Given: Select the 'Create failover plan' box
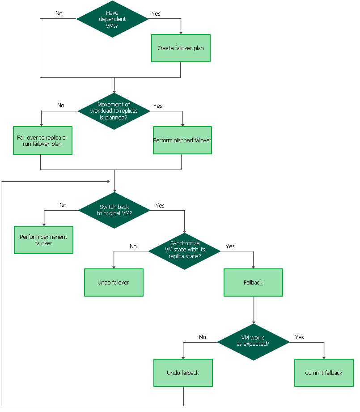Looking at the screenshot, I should pos(181,48).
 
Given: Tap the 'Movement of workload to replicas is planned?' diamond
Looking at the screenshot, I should pos(114,111).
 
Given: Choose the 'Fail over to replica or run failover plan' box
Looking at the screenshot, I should pos(42,140).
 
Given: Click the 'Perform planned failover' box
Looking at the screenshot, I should pos(182,140).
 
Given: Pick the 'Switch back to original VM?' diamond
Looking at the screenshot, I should pos(114,210).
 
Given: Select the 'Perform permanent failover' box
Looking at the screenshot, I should pos(43,240).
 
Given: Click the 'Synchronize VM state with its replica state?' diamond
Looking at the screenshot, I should pos(184,251).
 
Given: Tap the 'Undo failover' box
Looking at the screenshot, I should pos(114,282).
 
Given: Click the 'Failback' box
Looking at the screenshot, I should pos(253,282).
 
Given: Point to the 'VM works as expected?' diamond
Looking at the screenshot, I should pos(253,342).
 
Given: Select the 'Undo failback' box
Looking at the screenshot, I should pos(183,373).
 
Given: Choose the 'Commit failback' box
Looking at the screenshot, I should pos(323,373).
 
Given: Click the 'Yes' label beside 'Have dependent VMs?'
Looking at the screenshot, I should pos(156,14).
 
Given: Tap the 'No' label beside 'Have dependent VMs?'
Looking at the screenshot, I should pos(59,13).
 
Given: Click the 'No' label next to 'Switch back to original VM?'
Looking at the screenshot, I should pos(63,205).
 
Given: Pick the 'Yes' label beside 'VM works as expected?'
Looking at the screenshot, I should pos(299,337).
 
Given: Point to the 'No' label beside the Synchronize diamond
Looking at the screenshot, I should pos(133,246).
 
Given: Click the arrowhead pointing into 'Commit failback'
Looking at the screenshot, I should pos(324,357).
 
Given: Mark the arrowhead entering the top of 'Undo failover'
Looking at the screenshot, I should pos(114,267).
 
